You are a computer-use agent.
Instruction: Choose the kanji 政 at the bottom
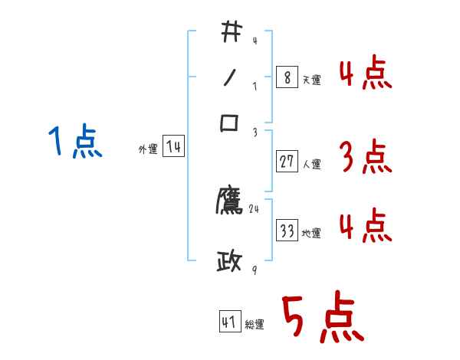click(x=229, y=263)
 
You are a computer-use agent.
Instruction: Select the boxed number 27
click(x=287, y=162)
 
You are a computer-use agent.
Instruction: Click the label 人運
click(x=312, y=164)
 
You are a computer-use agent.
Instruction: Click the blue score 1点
click(x=75, y=142)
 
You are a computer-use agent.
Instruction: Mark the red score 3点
click(x=365, y=158)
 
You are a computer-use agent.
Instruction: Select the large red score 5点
click(x=322, y=319)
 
